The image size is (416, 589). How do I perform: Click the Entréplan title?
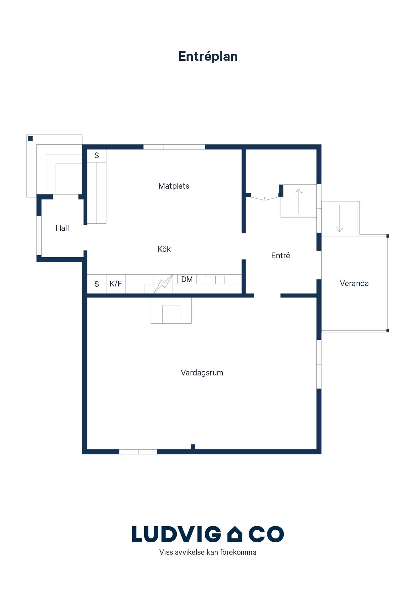pos(208,56)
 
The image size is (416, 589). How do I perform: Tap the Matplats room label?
pos(174,186)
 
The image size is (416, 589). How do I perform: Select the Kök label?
pos(164,249)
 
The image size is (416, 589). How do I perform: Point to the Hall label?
pos(62,228)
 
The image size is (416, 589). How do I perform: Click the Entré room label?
pos(280,255)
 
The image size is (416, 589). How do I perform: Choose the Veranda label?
pos(354,283)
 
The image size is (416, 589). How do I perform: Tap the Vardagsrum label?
pos(202,373)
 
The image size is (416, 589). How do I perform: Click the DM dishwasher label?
pos(187,279)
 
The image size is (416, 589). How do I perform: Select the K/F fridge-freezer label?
pos(116,284)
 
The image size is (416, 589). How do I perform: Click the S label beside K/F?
pos(97,284)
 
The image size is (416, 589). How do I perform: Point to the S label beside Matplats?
pos(97,155)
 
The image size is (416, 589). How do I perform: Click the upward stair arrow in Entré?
pos(299,201)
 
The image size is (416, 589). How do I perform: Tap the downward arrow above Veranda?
pos(340,219)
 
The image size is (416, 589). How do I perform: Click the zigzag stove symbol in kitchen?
pos(163,284)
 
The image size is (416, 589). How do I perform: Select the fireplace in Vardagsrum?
pos(171,311)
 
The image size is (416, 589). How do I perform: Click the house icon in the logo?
pos(235,534)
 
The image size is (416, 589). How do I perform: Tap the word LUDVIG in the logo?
pos(177,534)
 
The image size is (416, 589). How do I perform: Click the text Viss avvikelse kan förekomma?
pos(208,552)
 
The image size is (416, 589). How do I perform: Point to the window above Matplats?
pos(174,147)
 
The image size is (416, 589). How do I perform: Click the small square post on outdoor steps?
pos(30,138)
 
